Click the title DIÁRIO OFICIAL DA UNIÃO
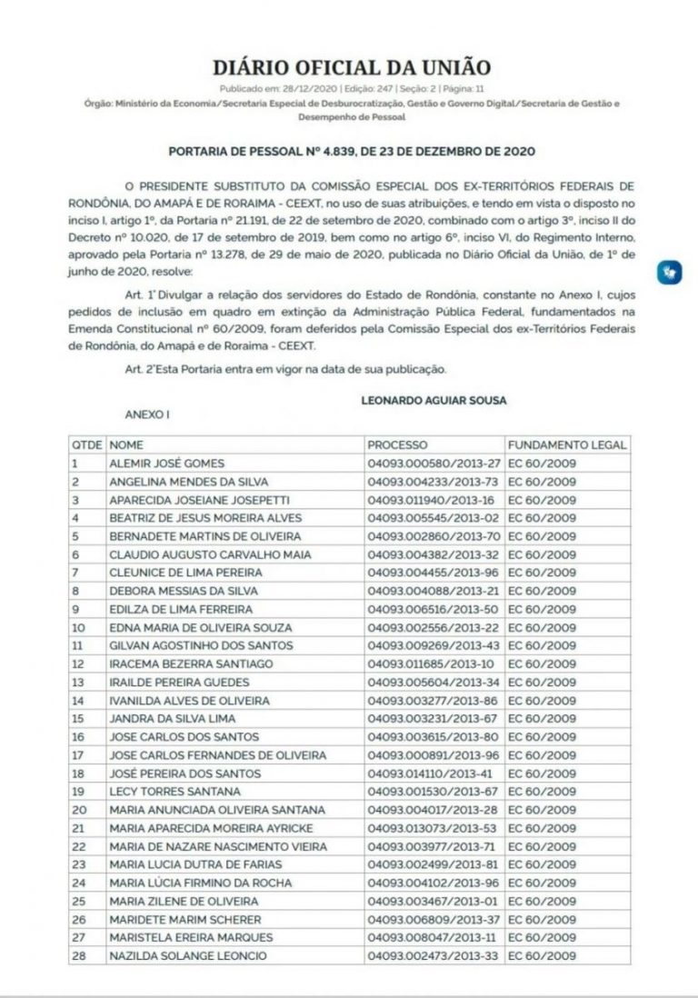point(351,68)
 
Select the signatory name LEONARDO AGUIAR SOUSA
point(434,400)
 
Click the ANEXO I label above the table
point(147,414)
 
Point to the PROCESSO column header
point(397,445)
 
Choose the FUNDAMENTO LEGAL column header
point(567,445)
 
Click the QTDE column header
point(86,445)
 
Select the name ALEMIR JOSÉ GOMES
point(166,464)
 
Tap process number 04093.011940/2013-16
point(431,500)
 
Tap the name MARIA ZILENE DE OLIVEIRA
point(184,901)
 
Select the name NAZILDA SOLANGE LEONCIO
point(188,955)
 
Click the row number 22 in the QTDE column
point(79,846)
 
